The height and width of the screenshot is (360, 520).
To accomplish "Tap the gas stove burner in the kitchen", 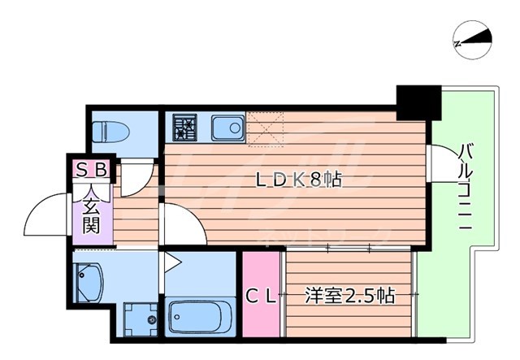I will point(184,128).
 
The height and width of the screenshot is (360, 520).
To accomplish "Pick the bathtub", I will point(200,314).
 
